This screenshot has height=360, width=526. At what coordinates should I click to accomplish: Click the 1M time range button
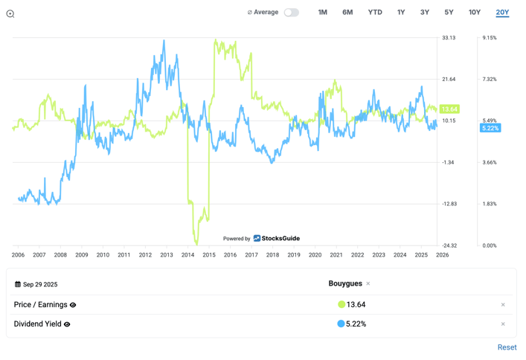click(x=322, y=13)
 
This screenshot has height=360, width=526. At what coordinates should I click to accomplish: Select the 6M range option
click(x=347, y=13)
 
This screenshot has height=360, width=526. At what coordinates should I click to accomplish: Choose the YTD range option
click(x=375, y=13)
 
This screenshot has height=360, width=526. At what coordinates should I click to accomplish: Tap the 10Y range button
click(x=475, y=13)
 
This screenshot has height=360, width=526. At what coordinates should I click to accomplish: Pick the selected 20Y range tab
click(x=502, y=13)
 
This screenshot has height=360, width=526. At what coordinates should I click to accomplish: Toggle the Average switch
click(x=291, y=13)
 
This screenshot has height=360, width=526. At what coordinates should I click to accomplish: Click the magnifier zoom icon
click(x=10, y=13)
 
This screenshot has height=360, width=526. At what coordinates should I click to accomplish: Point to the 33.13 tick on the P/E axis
click(x=449, y=38)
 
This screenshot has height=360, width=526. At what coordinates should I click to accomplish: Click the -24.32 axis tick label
click(x=449, y=245)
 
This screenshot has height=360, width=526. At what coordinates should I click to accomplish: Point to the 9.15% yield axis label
click(x=489, y=38)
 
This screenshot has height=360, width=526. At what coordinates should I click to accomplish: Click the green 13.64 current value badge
click(x=449, y=109)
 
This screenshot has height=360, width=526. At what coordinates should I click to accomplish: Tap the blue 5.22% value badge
click(x=490, y=129)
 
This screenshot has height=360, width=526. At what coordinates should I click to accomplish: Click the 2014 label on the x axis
click(x=187, y=255)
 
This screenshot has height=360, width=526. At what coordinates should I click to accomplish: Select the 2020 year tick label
click(x=315, y=255)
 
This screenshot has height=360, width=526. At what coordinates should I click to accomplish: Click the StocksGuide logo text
click(x=280, y=239)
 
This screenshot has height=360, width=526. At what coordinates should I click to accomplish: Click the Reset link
click(x=507, y=347)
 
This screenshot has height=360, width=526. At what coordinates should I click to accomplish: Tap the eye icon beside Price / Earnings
click(x=73, y=305)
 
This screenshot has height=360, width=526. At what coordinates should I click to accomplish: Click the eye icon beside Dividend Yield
click(x=67, y=324)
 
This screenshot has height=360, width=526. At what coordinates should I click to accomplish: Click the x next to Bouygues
click(x=368, y=284)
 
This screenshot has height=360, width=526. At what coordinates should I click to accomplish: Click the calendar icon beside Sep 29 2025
click(x=18, y=284)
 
